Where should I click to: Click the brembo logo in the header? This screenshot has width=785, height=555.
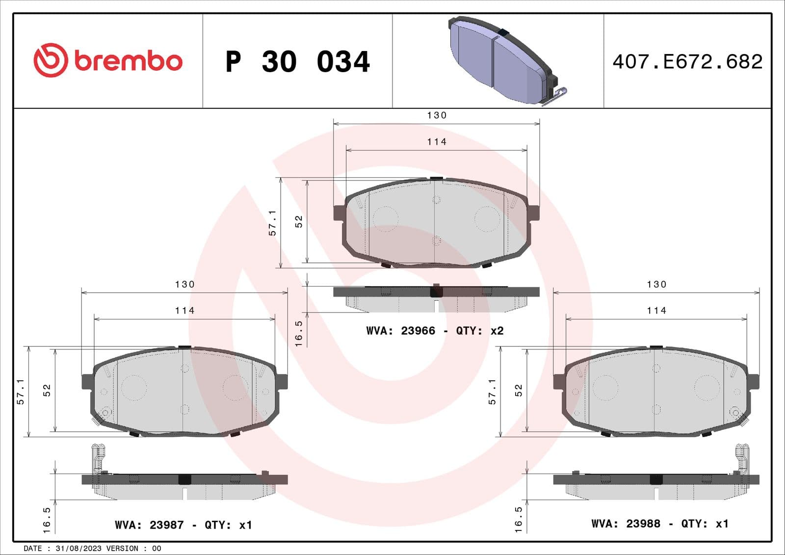click(x=108, y=60)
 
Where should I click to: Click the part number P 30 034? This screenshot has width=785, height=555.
click(x=297, y=62)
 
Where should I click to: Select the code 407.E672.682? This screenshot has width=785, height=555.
click(x=687, y=62)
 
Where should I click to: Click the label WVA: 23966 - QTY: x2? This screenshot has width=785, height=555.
click(x=435, y=331)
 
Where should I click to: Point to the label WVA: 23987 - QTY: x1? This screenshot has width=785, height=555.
click(x=183, y=525)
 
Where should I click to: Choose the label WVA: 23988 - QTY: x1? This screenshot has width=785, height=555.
click(x=659, y=524)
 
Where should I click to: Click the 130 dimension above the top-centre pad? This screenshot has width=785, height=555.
click(x=437, y=115)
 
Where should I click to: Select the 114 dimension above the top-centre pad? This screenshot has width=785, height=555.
click(x=437, y=142)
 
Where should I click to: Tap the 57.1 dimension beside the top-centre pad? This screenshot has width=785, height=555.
click(x=273, y=223)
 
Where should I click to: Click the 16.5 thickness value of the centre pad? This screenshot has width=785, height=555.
click(x=299, y=334)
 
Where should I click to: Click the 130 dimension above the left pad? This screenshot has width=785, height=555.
click(x=184, y=285)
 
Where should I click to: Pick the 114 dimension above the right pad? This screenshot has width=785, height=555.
click(x=656, y=311)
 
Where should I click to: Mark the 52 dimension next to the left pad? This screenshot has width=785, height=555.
click(x=47, y=391)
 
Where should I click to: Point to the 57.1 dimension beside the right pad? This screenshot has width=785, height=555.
click(x=493, y=391)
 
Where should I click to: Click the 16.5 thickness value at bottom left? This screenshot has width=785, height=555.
click(x=47, y=520)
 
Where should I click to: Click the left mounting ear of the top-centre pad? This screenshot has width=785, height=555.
click(x=339, y=212)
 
